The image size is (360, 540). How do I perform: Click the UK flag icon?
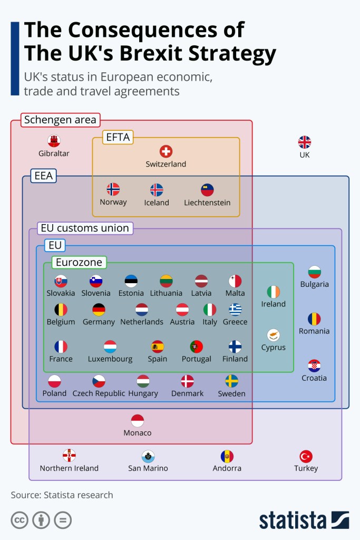[304, 142]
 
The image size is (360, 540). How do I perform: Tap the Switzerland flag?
[166, 151]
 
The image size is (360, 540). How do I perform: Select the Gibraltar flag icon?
[54, 141]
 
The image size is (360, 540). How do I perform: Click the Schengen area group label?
[61, 120]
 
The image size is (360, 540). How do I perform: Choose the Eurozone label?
[79, 262]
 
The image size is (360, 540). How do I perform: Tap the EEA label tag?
[44, 176]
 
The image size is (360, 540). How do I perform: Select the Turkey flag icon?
[306, 456]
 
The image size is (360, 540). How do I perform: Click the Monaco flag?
[138, 420]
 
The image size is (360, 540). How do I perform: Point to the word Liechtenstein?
[207, 202]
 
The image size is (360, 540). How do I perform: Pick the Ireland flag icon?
[273, 292]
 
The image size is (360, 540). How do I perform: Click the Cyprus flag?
[273, 335]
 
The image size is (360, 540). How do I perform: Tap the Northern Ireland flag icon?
[69, 455]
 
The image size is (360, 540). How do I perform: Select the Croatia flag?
[314, 365]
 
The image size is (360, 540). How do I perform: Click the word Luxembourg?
[110, 359]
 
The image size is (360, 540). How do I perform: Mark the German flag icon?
[99, 310]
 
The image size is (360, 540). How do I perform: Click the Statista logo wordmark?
[293, 520]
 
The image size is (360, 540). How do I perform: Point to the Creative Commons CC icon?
[20, 520]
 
